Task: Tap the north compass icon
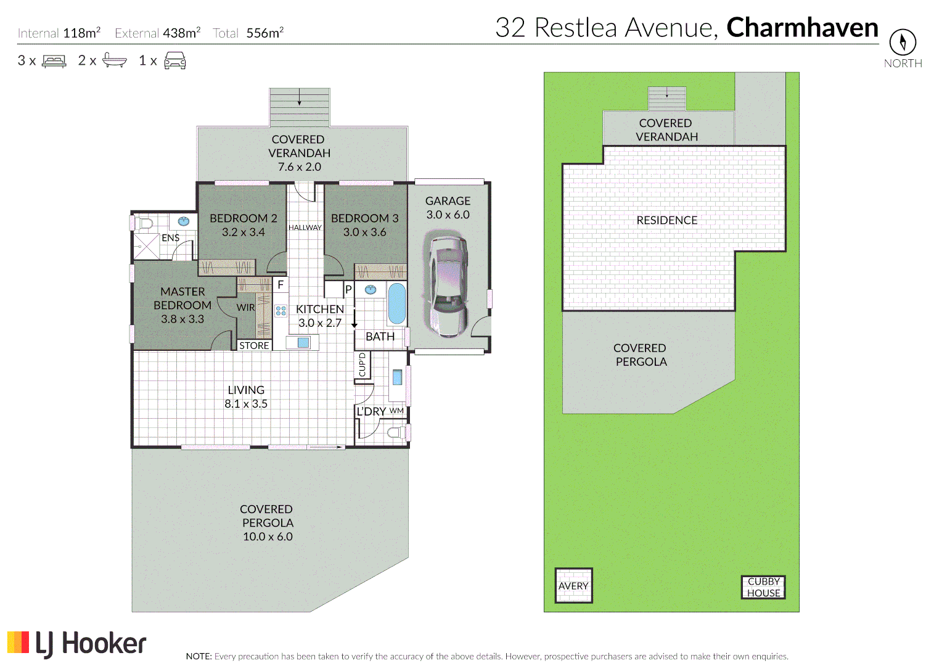903,42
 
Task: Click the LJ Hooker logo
77,643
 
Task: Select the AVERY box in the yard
573,585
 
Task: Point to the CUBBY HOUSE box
763,587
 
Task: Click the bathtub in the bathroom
396,303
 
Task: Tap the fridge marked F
281,284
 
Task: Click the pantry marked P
348,289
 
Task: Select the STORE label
254,345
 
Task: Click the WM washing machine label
396,411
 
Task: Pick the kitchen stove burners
281,311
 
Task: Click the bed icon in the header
54,60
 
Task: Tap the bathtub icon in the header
115,60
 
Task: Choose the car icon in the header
175,60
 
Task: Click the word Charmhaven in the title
802,28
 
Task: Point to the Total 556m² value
264,33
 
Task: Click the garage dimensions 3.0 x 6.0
448,215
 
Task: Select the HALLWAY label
305,228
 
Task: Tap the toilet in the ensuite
144,222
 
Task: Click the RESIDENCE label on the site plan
666,220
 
